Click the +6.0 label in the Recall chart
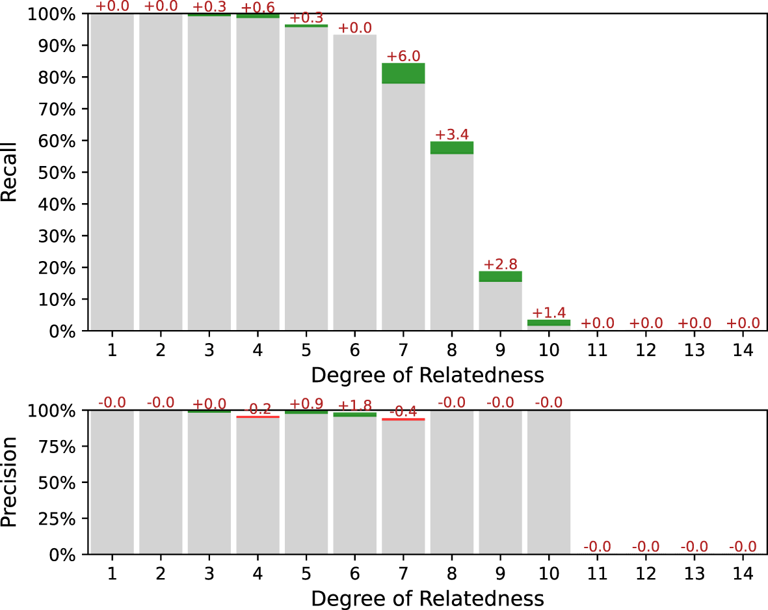point(403,56)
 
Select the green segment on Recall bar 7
point(403,74)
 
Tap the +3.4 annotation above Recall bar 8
point(451,135)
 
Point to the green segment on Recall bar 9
point(500,277)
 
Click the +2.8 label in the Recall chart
point(500,264)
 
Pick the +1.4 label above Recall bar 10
point(549,312)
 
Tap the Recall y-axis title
point(9,173)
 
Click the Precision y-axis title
point(9,482)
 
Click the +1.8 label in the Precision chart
point(355,407)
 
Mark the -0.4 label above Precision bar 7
point(403,411)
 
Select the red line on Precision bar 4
point(258,417)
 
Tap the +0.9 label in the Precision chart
point(306,403)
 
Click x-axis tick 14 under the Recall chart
point(743,350)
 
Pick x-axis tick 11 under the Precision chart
point(597,574)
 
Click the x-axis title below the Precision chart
point(427,598)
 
